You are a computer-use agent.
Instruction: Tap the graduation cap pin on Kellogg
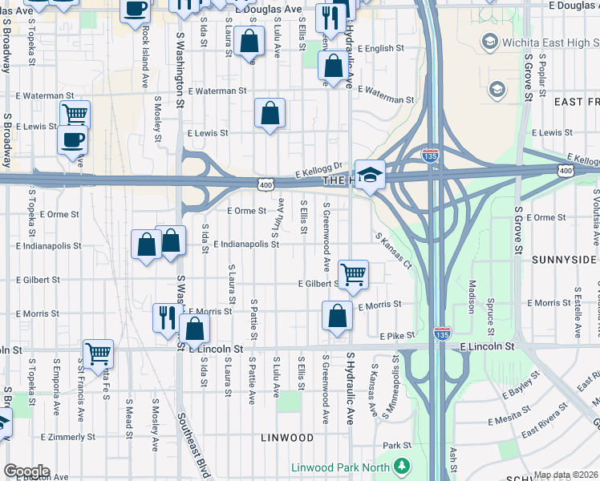[371, 175]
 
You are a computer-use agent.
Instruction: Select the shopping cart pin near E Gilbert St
[353, 274]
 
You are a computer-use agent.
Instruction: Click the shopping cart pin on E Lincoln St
[98, 353]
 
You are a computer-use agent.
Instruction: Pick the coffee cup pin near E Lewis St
[72, 140]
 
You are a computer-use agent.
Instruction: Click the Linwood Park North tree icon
[402, 466]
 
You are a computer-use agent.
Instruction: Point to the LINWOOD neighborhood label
[286, 438]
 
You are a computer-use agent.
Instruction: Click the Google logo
[26, 471]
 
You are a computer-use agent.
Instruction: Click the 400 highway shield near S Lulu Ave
[265, 186]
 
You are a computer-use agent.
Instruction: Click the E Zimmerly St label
[68, 437]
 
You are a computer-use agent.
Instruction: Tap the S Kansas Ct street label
[393, 250]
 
